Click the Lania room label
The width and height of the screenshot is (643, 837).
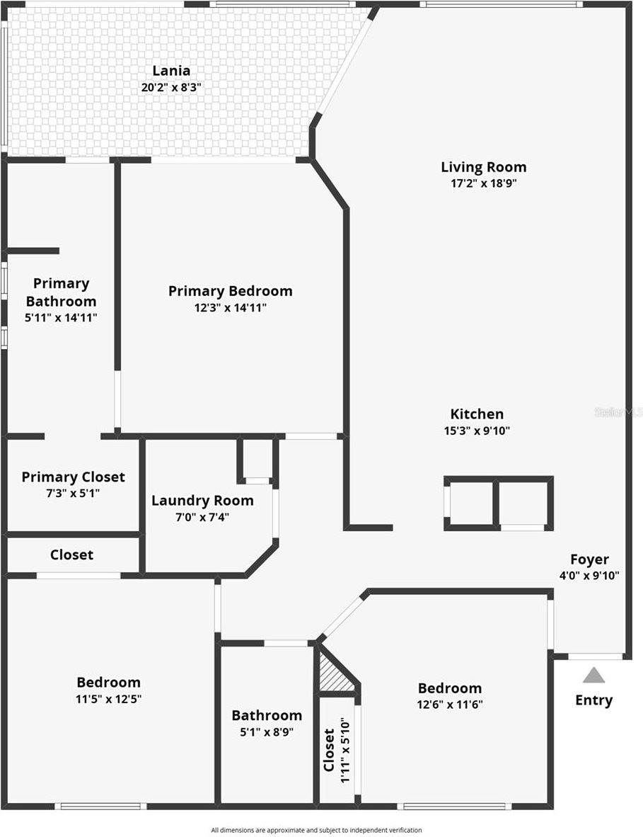[x=171, y=71]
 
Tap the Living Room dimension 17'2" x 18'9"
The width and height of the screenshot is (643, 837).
[x=484, y=183]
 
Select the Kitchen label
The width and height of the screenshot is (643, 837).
[x=477, y=414]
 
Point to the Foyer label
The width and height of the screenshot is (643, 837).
[x=589, y=559]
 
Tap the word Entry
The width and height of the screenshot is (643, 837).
[x=593, y=700]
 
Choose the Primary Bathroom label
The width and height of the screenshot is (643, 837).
[x=62, y=292]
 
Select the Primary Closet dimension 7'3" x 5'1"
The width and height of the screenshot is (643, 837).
[x=73, y=493]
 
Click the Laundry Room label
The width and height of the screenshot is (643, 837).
[x=202, y=501]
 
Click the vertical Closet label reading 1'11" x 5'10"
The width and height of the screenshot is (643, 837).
[x=337, y=749]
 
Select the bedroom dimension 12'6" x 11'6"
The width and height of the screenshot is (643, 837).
[x=450, y=705]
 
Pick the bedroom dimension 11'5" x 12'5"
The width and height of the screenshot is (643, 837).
[x=108, y=699]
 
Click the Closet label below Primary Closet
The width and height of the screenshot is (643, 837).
[x=71, y=554]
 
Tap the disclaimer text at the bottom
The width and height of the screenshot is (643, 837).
[x=316, y=830]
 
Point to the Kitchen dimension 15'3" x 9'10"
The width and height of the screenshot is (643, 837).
[x=477, y=431]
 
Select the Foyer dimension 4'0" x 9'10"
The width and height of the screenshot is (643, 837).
[x=589, y=576]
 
